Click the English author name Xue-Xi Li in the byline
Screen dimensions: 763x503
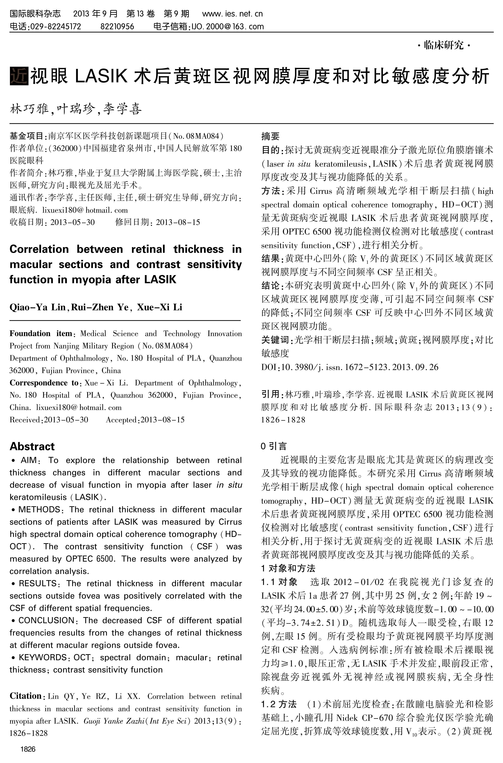(x=159, y=307)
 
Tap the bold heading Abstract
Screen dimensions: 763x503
(x=32, y=447)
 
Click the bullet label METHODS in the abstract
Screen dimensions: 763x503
(x=39, y=510)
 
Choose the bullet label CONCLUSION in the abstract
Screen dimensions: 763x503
(x=46, y=620)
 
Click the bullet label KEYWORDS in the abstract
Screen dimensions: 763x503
(x=42, y=657)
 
